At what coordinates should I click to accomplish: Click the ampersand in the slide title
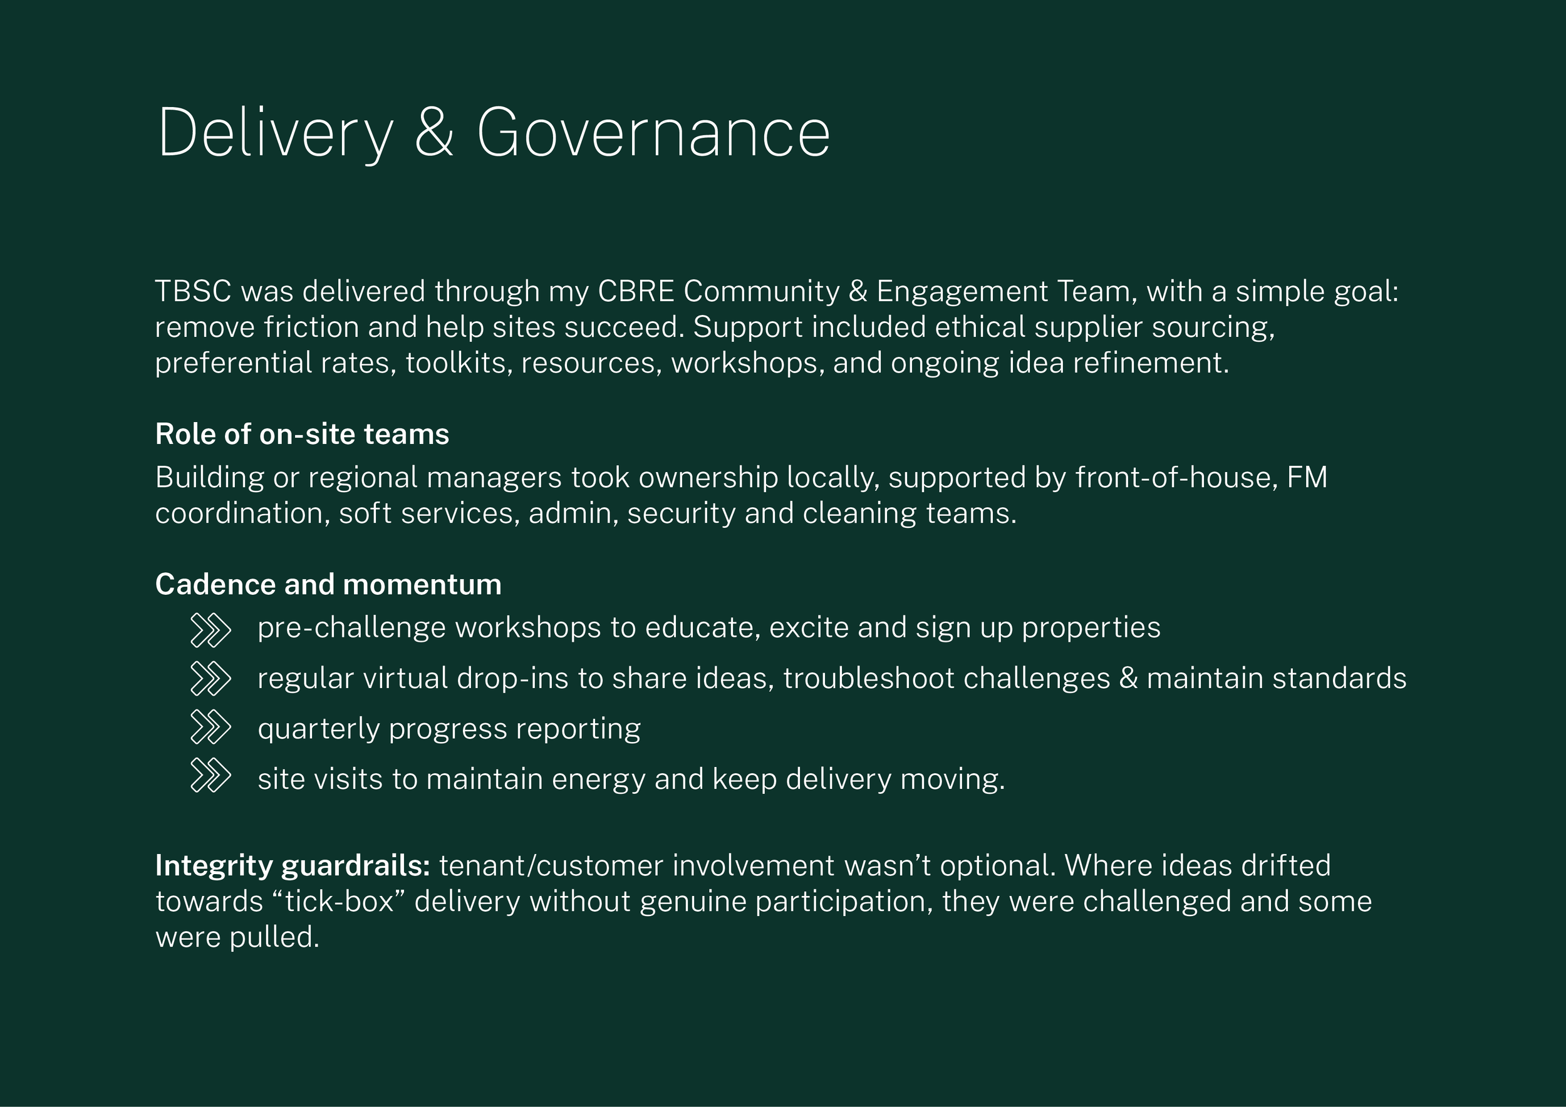coord(434,131)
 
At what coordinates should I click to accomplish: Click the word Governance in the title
coord(653,133)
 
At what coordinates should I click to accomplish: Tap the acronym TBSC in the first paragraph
coord(193,292)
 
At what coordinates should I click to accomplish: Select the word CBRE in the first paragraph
coord(636,292)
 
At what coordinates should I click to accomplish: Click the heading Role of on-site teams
coord(302,434)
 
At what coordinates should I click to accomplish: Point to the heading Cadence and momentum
coord(328,585)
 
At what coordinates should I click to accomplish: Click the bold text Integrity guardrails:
coord(293,866)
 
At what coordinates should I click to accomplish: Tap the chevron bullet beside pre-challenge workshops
coord(210,630)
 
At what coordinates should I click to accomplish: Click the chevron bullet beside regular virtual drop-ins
coord(210,678)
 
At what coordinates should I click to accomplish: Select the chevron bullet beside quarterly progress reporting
coord(210,727)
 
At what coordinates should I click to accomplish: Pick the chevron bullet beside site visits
coord(210,775)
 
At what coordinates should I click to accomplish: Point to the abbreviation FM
coord(1307,477)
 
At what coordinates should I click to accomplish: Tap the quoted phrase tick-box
coord(339,902)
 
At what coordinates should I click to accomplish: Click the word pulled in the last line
coord(274,938)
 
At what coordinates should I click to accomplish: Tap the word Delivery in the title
coord(276,133)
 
